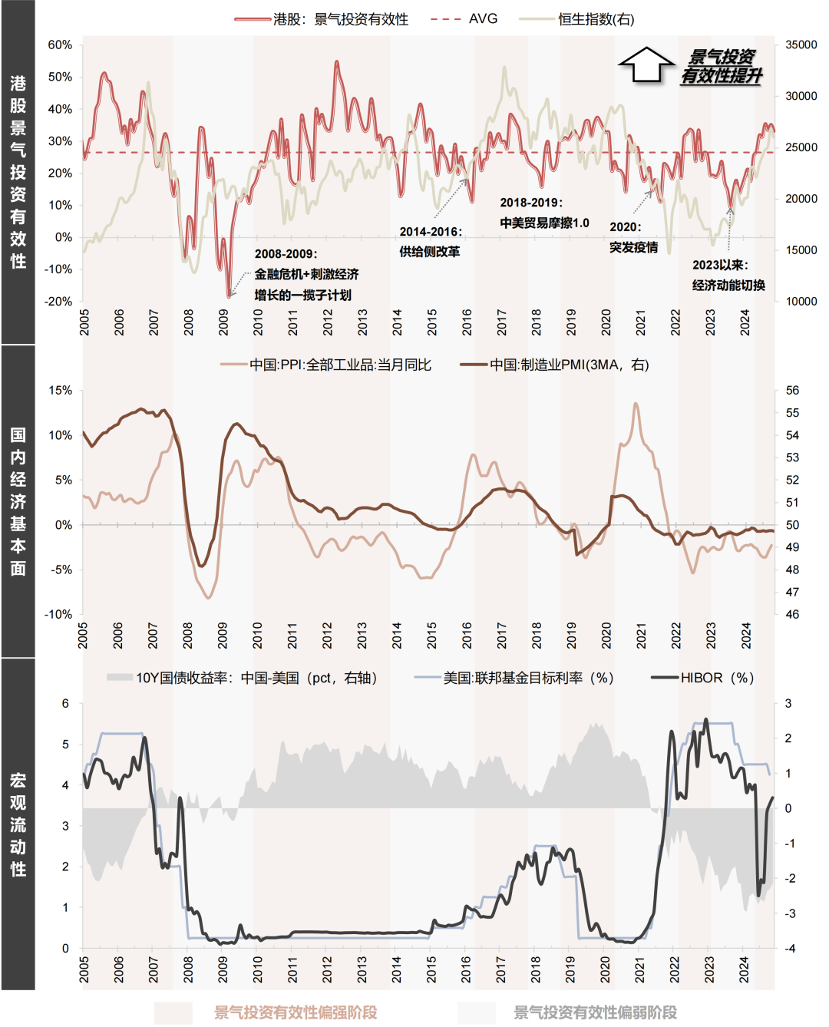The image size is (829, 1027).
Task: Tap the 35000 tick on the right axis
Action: pos(801,45)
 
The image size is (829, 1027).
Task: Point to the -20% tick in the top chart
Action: pos(58,302)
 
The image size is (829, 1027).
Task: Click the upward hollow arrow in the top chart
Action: pos(646,65)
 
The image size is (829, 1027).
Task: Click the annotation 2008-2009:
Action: pos(286,254)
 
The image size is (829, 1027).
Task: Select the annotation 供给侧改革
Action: pos(429,252)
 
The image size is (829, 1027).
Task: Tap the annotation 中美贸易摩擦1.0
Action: pos(544,223)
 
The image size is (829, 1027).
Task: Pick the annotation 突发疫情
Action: pos(633,247)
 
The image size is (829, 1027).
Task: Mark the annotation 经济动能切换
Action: pos(728,286)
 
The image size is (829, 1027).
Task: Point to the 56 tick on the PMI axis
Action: pos(792,391)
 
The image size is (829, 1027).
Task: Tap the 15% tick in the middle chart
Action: pos(60,391)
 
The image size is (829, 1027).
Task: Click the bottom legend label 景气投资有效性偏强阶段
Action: pos(296,1012)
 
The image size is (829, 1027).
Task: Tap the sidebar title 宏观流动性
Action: pos(18,824)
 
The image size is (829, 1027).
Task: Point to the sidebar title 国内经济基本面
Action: pos(18,501)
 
